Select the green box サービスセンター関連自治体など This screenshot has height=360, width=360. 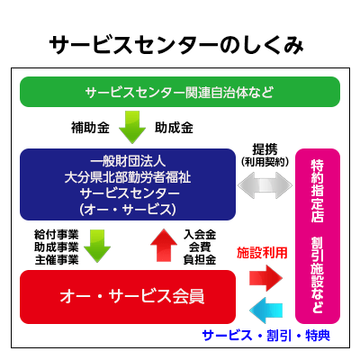point(179,92)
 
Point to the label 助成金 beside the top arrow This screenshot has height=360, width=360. point(174,127)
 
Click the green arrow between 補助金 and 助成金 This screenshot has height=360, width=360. point(131,127)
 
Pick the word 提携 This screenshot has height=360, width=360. point(264,149)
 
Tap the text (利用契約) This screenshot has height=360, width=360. point(264,163)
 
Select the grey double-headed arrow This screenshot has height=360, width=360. point(264,187)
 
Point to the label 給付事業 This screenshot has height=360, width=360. point(56,234)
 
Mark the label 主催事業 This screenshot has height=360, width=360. point(56,260)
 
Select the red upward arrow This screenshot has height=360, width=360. point(163,244)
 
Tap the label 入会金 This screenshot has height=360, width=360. point(199,234)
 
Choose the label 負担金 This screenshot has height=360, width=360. point(199,260)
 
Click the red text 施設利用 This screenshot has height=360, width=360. point(262,254)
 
